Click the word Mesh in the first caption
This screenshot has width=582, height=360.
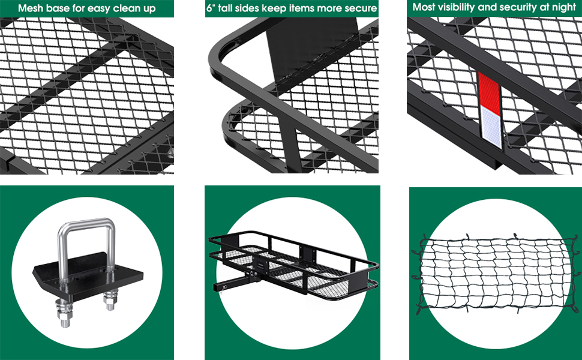(31, 8)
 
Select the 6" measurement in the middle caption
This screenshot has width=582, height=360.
(213, 8)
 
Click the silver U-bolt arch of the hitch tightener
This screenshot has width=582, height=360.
(86, 225)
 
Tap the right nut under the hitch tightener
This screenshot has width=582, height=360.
(110, 298)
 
